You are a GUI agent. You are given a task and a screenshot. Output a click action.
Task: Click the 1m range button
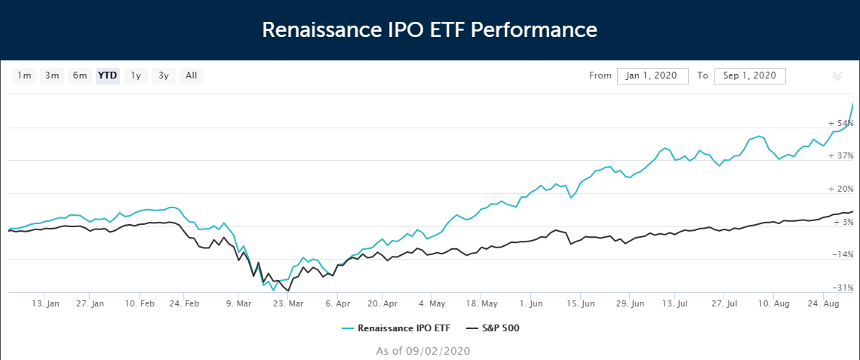[x=25, y=75]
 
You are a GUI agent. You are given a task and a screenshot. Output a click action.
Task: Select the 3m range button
[x=52, y=75]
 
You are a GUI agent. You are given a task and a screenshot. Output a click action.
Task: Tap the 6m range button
[x=80, y=75]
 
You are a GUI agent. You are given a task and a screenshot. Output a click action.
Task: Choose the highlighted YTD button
[x=107, y=75]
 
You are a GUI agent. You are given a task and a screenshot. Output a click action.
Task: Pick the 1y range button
[x=136, y=75]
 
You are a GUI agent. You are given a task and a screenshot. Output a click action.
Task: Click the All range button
[x=191, y=75]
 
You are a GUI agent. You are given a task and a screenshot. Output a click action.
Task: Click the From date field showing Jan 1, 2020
[x=653, y=75]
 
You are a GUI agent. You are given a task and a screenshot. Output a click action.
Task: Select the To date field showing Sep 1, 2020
[x=750, y=75]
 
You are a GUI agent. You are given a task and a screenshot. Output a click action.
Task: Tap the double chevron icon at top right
[x=837, y=76]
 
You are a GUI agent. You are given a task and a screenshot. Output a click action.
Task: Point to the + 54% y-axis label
[x=840, y=123]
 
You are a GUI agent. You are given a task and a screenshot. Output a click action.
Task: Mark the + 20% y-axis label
[x=840, y=189]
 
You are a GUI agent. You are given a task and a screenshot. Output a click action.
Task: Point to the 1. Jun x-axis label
[x=531, y=304]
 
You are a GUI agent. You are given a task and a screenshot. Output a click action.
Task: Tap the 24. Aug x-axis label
[x=824, y=304]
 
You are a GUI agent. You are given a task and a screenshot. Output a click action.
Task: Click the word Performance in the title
[x=539, y=30]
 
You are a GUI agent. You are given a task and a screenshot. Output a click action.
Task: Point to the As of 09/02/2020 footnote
[x=423, y=351]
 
